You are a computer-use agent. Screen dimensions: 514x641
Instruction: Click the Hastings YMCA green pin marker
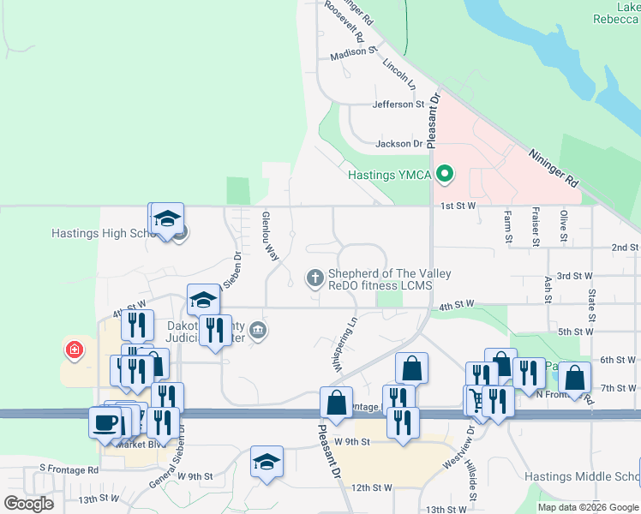point(444,175)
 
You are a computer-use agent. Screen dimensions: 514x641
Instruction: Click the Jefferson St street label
point(398,105)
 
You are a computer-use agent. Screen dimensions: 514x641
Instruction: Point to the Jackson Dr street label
point(399,144)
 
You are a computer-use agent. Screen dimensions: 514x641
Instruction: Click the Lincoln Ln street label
point(398,75)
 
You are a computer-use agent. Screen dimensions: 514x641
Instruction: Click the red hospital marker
point(75,350)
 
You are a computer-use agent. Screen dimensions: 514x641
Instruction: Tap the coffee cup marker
point(105,422)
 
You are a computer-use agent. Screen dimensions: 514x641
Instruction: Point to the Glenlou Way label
point(271,236)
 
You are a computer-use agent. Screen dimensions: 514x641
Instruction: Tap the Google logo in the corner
point(28,504)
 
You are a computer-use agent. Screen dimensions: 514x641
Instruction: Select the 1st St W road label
point(458,206)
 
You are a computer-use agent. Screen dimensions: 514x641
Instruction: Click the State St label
point(591,301)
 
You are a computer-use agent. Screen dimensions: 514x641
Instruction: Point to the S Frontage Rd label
point(69,469)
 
